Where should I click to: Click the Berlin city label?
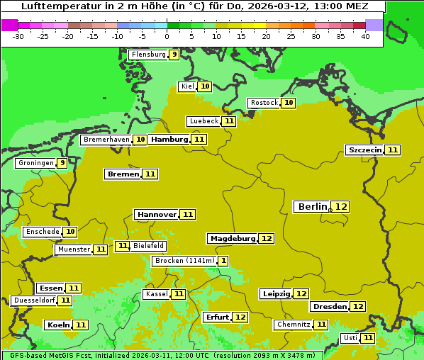point(312,206)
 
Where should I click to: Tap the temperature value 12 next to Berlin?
point(341,206)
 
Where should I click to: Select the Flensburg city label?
point(148,54)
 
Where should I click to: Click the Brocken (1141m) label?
point(184,261)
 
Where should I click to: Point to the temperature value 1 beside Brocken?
point(223,261)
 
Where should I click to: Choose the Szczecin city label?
point(364,150)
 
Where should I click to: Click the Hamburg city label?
point(169,140)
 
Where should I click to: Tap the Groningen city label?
point(36,163)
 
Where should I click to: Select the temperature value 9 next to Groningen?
point(62,163)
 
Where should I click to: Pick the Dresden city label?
point(329,307)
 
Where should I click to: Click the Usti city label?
point(350,338)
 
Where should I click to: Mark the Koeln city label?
point(57,325)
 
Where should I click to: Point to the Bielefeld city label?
point(148,246)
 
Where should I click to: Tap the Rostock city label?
point(264,103)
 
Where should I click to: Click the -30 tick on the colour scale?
point(18,35)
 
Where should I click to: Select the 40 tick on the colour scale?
point(365,35)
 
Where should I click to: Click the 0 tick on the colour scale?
point(167,35)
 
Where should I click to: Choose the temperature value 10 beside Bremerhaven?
point(140,140)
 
